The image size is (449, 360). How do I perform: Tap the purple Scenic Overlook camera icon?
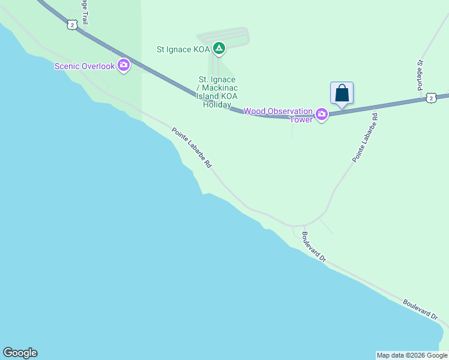click(x=124, y=65)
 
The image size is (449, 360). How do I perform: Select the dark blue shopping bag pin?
click(x=342, y=94)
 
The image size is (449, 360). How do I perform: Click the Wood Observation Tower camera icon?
click(x=322, y=114)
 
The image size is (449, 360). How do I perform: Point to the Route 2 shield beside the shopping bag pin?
click(x=430, y=97)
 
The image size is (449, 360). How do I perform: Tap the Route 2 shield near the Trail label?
click(x=71, y=25)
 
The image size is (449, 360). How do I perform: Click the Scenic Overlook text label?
click(x=84, y=66)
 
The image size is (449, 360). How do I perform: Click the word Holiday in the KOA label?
click(x=217, y=104)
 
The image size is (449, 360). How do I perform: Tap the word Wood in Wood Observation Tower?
click(x=255, y=112)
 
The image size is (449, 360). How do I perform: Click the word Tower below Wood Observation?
click(x=302, y=119)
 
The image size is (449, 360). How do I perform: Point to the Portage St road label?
click(x=421, y=74)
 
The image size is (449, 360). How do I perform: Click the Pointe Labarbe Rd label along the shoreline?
click(x=191, y=148)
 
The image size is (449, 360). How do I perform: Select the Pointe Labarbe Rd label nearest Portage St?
click(x=364, y=136)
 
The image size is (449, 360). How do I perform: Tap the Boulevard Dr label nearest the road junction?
click(x=313, y=247)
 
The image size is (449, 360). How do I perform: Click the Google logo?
click(x=20, y=353)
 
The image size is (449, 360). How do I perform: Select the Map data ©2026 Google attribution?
click(x=412, y=355)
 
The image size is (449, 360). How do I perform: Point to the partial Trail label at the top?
click(x=83, y=13)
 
